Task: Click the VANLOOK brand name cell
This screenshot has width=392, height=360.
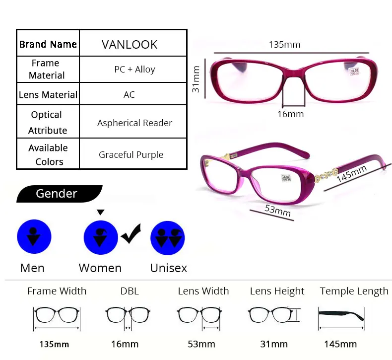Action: pyautogui.click(x=130, y=44)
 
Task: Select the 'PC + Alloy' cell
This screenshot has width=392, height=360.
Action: pyautogui.click(x=134, y=70)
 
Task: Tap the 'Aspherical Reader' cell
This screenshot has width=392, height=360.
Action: pyautogui.click(x=134, y=123)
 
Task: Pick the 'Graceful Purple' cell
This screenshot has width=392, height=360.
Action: pyautogui.click(x=131, y=155)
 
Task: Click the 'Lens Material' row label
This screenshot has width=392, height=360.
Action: pyautogui.click(x=48, y=94)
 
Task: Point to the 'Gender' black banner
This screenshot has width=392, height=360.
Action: pyautogui.click(x=57, y=194)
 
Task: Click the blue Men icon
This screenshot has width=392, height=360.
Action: pyautogui.click(x=34, y=237)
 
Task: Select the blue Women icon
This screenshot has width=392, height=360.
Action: pyautogui.click(x=101, y=237)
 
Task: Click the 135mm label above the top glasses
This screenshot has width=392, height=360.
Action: pyautogui.click(x=284, y=44)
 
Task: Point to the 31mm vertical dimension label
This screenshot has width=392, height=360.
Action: pyautogui.click(x=197, y=79)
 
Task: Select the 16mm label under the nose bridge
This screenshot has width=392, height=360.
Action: pyautogui.click(x=290, y=114)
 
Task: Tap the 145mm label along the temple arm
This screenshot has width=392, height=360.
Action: pyautogui.click(x=352, y=173)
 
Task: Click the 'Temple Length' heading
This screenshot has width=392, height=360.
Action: pyautogui.click(x=354, y=291)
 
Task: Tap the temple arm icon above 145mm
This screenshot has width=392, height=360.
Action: pyautogui.click(x=341, y=315)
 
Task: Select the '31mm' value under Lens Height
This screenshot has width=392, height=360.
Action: pyautogui.click(x=274, y=344)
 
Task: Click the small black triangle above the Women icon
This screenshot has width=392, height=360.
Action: pyautogui.click(x=100, y=213)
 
